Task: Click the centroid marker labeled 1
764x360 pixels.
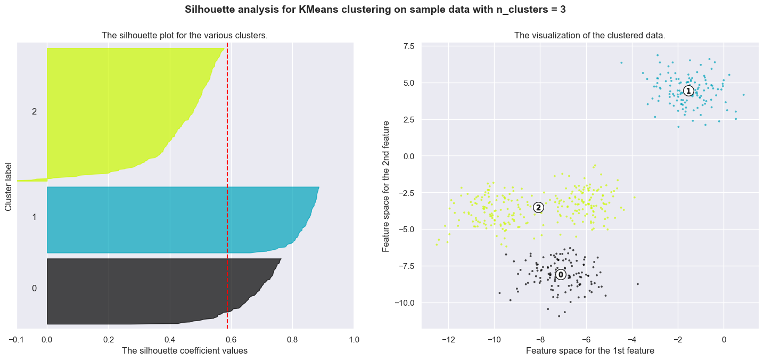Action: pyautogui.click(x=688, y=91)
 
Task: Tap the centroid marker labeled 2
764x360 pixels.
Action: pyautogui.click(x=538, y=208)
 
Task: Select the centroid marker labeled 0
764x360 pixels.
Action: pyautogui.click(x=561, y=274)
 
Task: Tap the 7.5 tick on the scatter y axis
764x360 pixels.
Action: pyautogui.click(x=409, y=46)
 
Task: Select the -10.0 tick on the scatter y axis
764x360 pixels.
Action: pyautogui.click(x=405, y=302)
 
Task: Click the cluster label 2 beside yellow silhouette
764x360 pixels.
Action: pyautogui.click(x=34, y=111)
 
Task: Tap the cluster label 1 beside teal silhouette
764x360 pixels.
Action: pyautogui.click(x=34, y=217)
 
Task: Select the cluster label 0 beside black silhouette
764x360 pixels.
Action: pyautogui.click(x=34, y=288)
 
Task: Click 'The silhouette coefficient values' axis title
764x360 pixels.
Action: pyautogui.click(x=185, y=351)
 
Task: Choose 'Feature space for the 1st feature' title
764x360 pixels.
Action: pyautogui.click(x=590, y=351)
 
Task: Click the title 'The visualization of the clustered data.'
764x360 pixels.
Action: pyautogui.click(x=590, y=36)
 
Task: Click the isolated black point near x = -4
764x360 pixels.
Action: pyautogui.click(x=637, y=284)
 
